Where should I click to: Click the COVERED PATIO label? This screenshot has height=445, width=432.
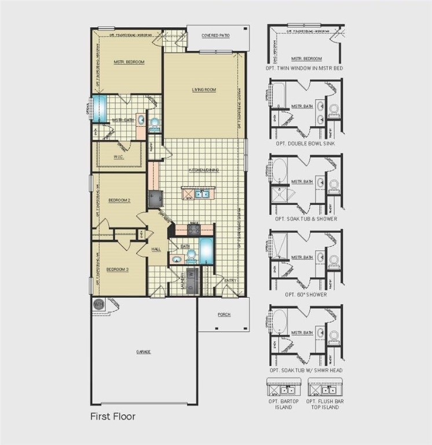tap(215, 36)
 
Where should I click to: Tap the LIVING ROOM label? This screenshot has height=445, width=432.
tap(204, 90)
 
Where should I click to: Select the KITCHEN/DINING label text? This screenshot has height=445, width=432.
tap(203, 170)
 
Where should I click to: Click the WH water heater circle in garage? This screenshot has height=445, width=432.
tap(98, 303)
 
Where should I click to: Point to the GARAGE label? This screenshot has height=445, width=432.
tap(144, 351)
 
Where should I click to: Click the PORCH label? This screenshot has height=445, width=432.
tap(224, 315)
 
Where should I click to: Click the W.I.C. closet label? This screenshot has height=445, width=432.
tap(120, 156)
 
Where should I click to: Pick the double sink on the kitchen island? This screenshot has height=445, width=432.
tap(202, 194)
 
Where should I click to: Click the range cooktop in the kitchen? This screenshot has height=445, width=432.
tap(193, 229)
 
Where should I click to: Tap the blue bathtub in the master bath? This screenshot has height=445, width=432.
tap(100, 108)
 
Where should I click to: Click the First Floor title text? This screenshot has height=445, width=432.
tap(112, 416)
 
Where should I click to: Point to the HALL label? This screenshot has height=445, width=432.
tap(156, 249)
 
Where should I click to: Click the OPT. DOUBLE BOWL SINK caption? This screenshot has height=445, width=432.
tap(306, 143)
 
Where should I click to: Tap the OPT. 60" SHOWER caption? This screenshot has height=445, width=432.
tap(306, 294)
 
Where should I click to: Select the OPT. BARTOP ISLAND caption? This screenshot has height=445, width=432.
tap(280, 404)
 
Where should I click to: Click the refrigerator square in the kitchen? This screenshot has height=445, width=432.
tap(155, 198)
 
